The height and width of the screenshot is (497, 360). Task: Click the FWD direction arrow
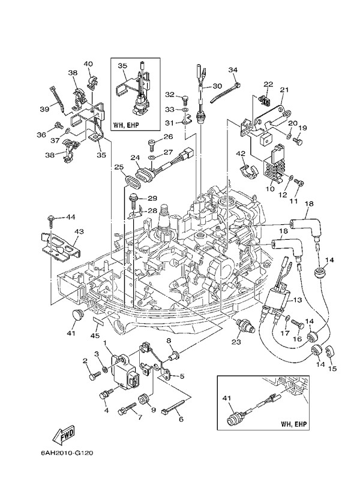64,433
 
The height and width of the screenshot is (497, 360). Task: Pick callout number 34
233,70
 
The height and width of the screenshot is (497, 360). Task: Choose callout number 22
268,84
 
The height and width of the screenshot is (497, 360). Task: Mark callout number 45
95,335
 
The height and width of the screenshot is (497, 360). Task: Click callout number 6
181,420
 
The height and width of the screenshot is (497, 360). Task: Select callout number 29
152,198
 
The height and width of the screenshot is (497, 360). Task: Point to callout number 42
240,154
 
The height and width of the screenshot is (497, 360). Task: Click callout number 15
333,368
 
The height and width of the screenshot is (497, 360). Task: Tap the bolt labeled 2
95,376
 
